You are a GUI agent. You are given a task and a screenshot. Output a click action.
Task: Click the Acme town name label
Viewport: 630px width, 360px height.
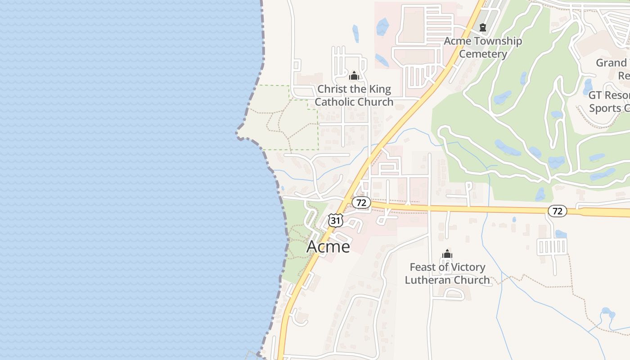pyautogui.click(x=328, y=247)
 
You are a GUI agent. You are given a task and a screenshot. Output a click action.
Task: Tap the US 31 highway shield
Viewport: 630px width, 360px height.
pyautogui.click(x=336, y=220)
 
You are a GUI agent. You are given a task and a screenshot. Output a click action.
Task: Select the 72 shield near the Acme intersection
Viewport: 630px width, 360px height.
pyautogui.click(x=361, y=202)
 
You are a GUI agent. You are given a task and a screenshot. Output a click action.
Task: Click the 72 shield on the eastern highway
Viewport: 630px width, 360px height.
pyautogui.click(x=557, y=211)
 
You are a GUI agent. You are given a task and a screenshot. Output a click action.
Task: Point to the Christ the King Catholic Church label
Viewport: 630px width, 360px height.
pyautogui.click(x=354, y=95)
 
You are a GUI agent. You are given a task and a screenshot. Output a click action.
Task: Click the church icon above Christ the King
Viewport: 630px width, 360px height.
pyautogui.click(x=354, y=75)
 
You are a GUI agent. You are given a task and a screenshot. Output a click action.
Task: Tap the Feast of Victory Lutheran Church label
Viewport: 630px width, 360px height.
pyautogui.click(x=447, y=274)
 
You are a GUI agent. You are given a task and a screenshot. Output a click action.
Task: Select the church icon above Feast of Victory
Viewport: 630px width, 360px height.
pyautogui.click(x=447, y=254)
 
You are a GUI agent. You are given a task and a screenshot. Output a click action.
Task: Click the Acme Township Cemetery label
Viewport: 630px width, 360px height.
pyautogui.click(x=483, y=47)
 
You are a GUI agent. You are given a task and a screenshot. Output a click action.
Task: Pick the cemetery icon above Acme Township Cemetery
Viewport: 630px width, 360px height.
pyautogui.click(x=483, y=27)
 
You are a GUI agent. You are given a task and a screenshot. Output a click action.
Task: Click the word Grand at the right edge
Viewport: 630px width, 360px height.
pyautogui.click(x=611, y=63)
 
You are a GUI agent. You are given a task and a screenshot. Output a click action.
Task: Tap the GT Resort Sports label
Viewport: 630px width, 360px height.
pyautogui.click(x=608, y=102)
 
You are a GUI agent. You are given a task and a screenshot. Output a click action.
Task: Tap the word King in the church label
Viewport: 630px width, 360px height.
pyautogui.click(x=378, y=89)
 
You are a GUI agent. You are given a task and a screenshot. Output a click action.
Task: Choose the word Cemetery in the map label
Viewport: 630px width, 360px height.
pyautogui.click(x=483, y=54)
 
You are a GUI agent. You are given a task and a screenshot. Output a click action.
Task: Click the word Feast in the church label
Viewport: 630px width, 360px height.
pyautogui.click(x=423, y=267)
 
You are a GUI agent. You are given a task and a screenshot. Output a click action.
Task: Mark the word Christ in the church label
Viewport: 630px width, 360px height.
pyautogui.click(x=333, y=89)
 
